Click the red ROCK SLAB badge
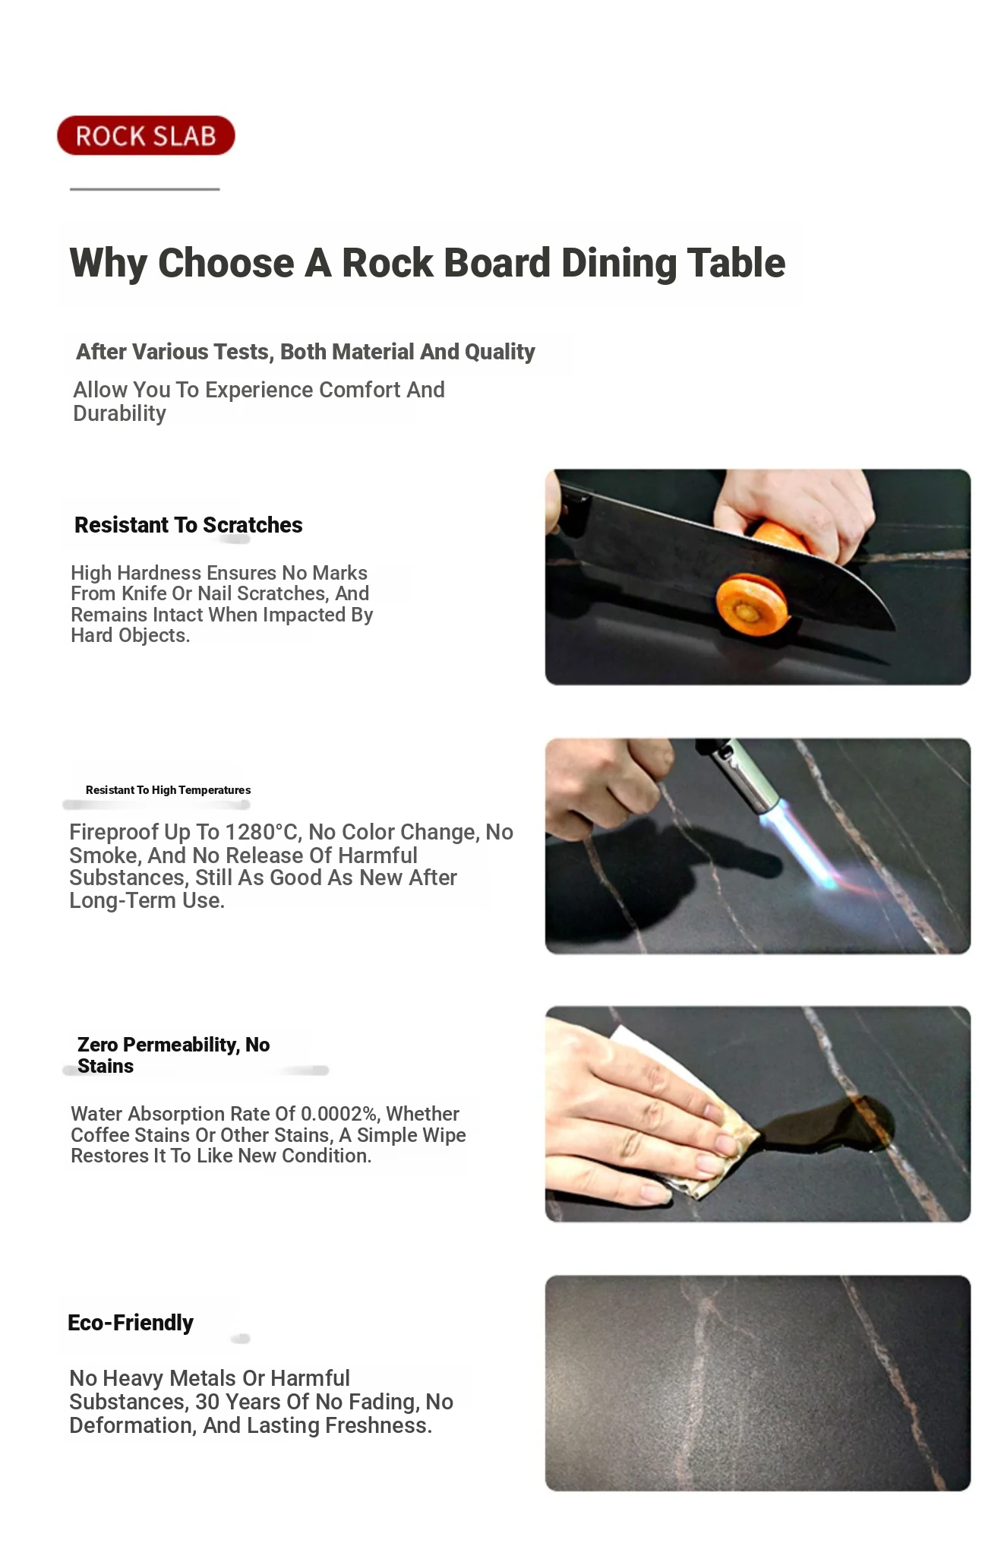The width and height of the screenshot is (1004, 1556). click(146, 136)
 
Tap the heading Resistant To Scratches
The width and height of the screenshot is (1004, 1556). click(188, 525)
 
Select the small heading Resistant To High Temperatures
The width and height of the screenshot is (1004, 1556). click(168, 790)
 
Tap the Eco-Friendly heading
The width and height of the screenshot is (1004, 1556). click(131, 1323)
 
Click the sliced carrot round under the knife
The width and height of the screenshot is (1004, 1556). click(751, 605)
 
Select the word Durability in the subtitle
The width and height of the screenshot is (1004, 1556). click(119, 413)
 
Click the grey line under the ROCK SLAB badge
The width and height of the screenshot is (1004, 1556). click(145, 188)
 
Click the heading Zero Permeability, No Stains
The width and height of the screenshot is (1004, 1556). click(174, 1055)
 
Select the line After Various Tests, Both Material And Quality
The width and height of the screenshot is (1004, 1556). click(305, 352)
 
